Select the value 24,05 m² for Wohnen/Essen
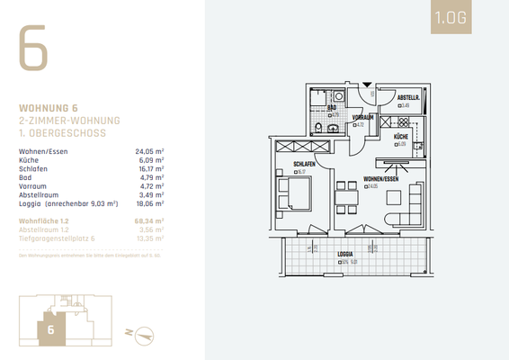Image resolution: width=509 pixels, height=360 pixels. [148, 152]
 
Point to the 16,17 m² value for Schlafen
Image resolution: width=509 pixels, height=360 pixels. [148, 168]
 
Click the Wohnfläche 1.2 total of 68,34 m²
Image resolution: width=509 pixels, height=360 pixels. [148, 220]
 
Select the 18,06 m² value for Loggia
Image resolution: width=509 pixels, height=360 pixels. [148, 204]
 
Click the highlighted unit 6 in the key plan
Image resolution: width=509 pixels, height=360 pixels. [50, 329]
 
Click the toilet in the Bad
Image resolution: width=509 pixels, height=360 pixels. [333, 128]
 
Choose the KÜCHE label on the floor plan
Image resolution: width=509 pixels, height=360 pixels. [400, 136]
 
